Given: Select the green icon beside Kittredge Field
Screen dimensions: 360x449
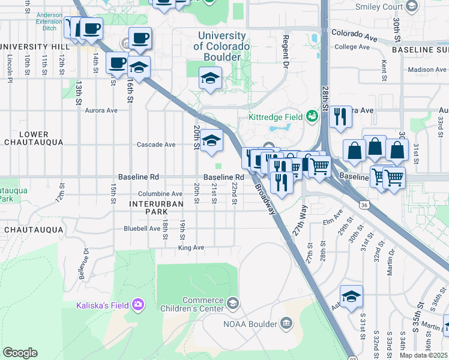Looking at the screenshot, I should tap(312, 116).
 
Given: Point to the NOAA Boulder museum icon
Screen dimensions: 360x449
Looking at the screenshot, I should tap(286, 324).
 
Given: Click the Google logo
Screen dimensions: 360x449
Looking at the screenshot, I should tap(20, 353).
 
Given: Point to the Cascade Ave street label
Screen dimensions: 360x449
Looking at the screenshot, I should tap(156, 145).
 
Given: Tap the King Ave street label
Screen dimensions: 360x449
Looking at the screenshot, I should tap(191, 247).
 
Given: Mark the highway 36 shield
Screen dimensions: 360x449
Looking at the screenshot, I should tap(363, 205).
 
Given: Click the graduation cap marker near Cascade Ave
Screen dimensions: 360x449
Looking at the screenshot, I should tap(211, 141).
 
